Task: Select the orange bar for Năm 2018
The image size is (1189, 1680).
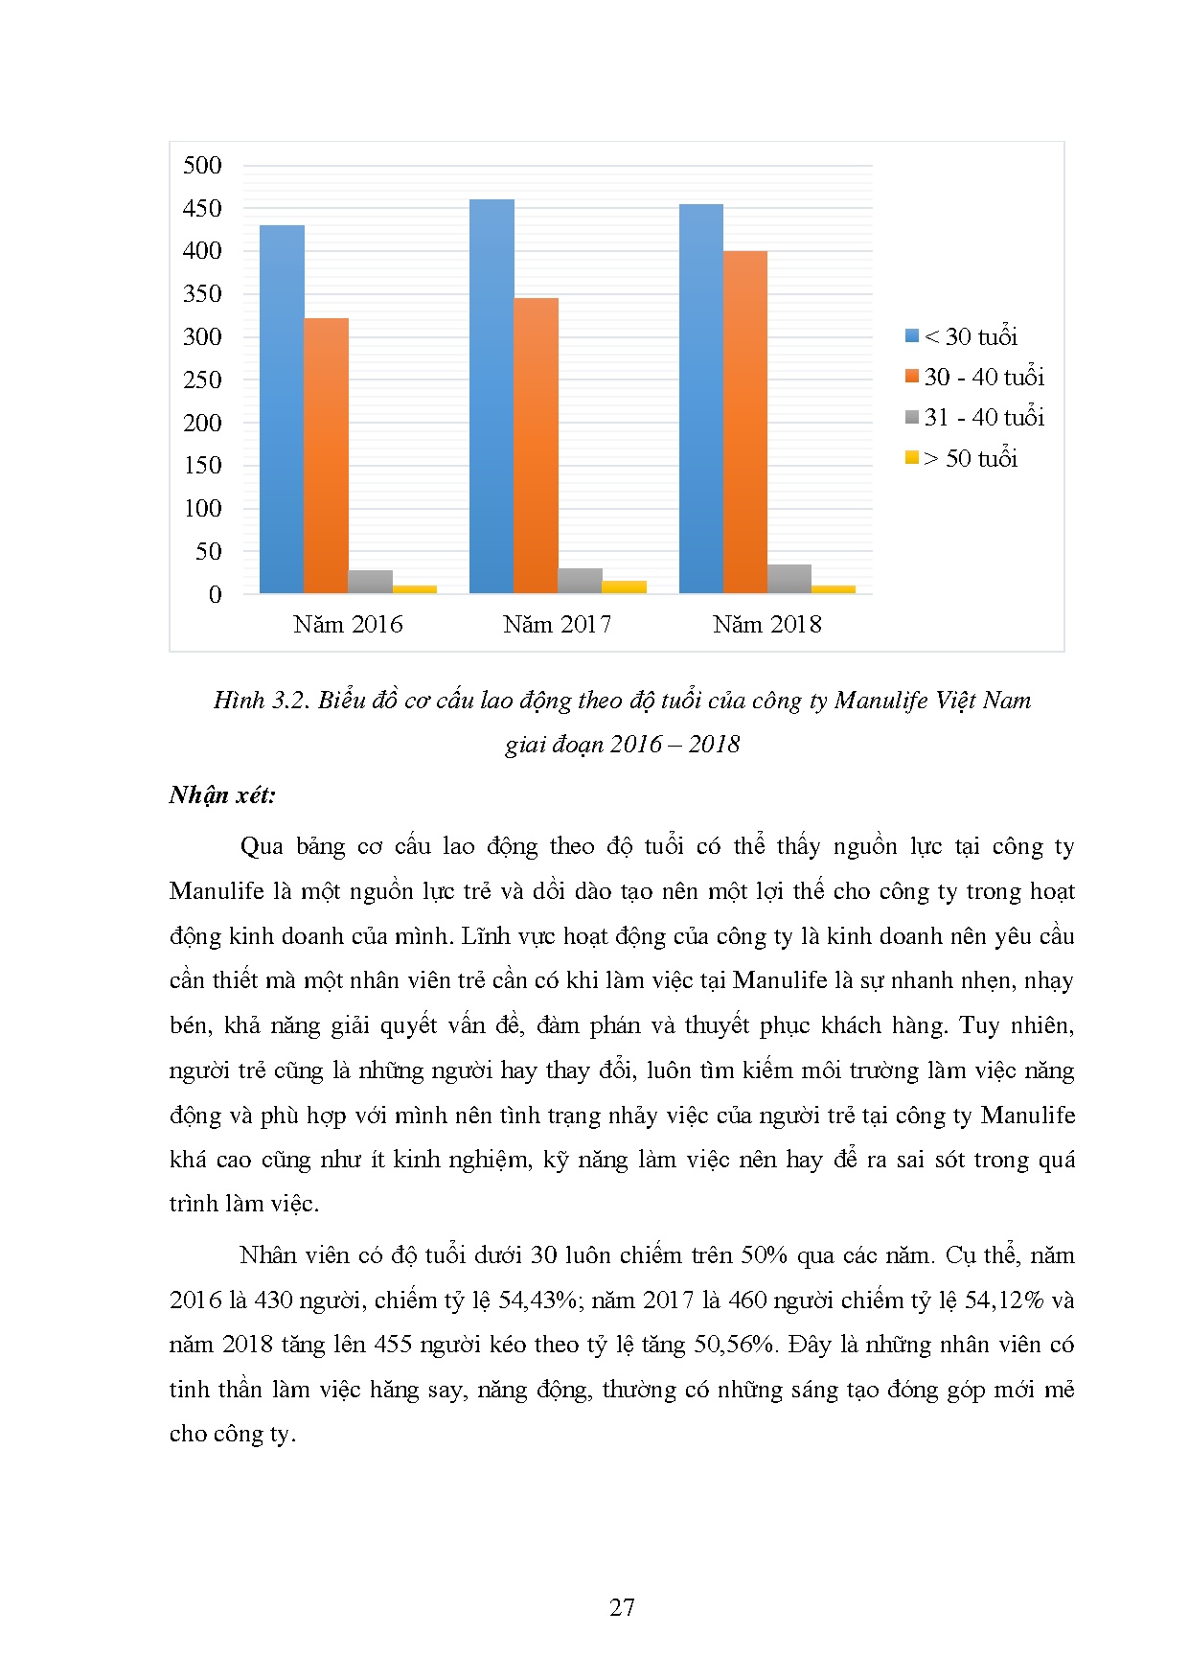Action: click(x=745, y=422)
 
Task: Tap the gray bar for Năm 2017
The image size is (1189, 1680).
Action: click(x=580, y=581)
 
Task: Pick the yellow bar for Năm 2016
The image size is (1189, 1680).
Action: click(x=415, y=589)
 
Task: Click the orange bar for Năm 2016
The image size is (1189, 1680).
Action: click(x=326, y=455)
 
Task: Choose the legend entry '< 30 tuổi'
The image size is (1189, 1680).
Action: click(x=961, y=336)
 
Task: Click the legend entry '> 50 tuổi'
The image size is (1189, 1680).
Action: click(x=961, y=458)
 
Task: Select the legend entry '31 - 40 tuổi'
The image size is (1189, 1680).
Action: click(x=974, y=418)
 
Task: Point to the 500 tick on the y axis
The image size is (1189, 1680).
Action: click(x=202, y=166)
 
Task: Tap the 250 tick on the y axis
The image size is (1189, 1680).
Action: click(x=202, y=380)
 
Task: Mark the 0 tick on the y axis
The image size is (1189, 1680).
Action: click(x=215, y=594)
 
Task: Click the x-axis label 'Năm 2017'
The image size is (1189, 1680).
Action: click(x=557, y=625)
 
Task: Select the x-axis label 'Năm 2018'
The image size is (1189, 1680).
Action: click(x=766, y=625)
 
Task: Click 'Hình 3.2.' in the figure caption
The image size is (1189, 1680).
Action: click(x=261, y=701)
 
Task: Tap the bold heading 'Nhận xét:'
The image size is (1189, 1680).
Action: click(x=222, y=795)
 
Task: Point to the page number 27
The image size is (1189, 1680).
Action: click(x=622, y=1607)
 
